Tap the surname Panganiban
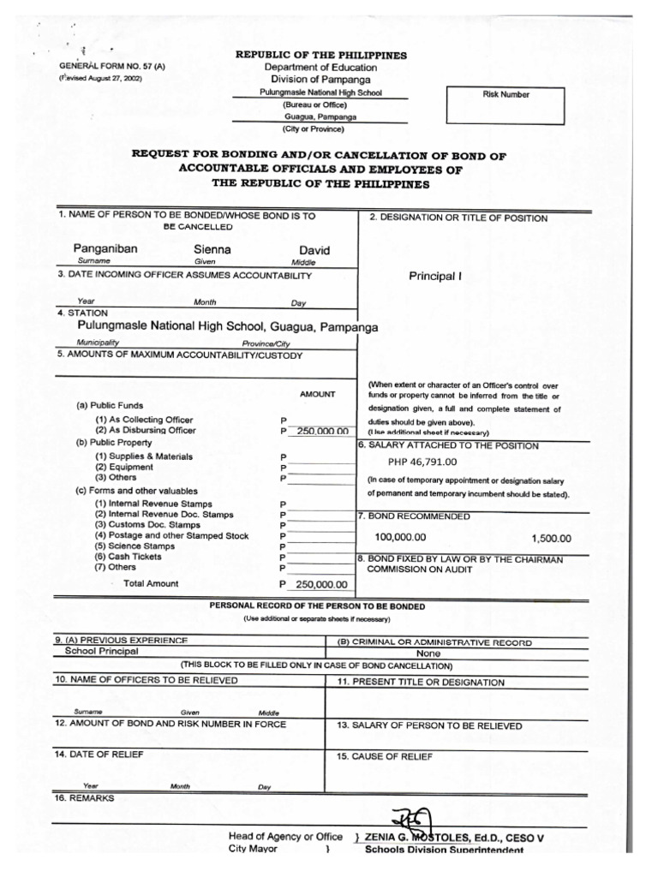(105, 248)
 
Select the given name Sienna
(212, 249)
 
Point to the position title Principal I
(435, 277)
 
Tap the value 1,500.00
(551, 539)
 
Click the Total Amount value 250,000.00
(321, 584)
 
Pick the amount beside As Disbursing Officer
(322, 431)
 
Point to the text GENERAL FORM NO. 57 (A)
(101, 66)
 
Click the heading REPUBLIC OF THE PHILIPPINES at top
(321, 56)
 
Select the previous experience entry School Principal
(101, 651)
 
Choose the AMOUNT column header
(317, 394)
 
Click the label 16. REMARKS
(84, 797)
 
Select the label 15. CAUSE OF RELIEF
(385, 756)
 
